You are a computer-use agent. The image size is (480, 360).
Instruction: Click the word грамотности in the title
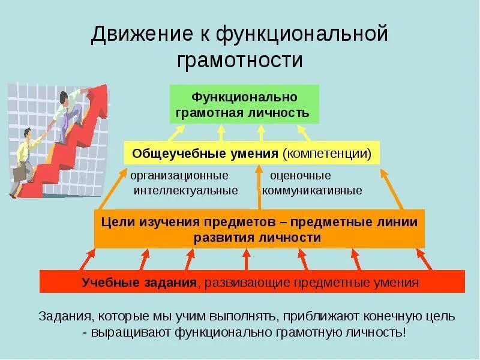[x=240, y=61]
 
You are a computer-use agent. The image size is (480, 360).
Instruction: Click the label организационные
[x=179, y=176]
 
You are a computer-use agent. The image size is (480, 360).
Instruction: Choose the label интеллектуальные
[x=186, y=191]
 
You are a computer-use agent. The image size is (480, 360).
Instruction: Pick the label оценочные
[x=300, y=176]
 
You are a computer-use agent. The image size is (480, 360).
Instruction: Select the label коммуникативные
[x=312, y=191]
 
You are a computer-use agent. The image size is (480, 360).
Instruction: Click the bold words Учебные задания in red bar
[x=139, y=282]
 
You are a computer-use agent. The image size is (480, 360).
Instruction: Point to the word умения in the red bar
[x=398, y=282]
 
